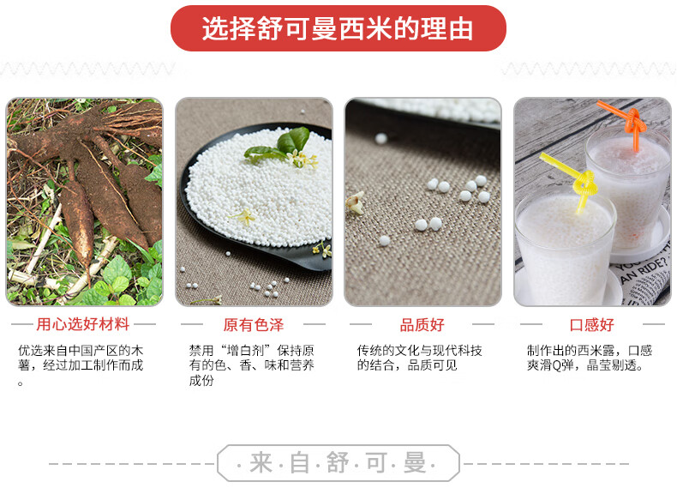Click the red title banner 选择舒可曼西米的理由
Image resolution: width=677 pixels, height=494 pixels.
(x=338, y=28)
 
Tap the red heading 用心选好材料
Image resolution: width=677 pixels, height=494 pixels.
(x=83, y=324)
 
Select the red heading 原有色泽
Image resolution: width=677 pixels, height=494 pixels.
(x=254, y=325)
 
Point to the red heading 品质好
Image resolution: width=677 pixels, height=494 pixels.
(x=422, y=325)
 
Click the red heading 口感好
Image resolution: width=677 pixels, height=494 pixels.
(x=592, y=325)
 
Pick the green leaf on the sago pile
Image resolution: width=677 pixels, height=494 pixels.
(x=280, y=145)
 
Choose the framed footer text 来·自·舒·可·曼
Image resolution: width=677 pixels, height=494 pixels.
(x=338, y=463)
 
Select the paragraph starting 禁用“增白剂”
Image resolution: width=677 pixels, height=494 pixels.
(x=251, y=365)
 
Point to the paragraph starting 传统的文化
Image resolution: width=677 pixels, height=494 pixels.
(x=419, y=358)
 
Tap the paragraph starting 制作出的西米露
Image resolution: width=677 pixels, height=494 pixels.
(x=590, y=358)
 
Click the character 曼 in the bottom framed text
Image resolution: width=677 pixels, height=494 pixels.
(x=415, y=463)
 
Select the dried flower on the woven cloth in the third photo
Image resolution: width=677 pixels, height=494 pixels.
(x=355, y=203)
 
